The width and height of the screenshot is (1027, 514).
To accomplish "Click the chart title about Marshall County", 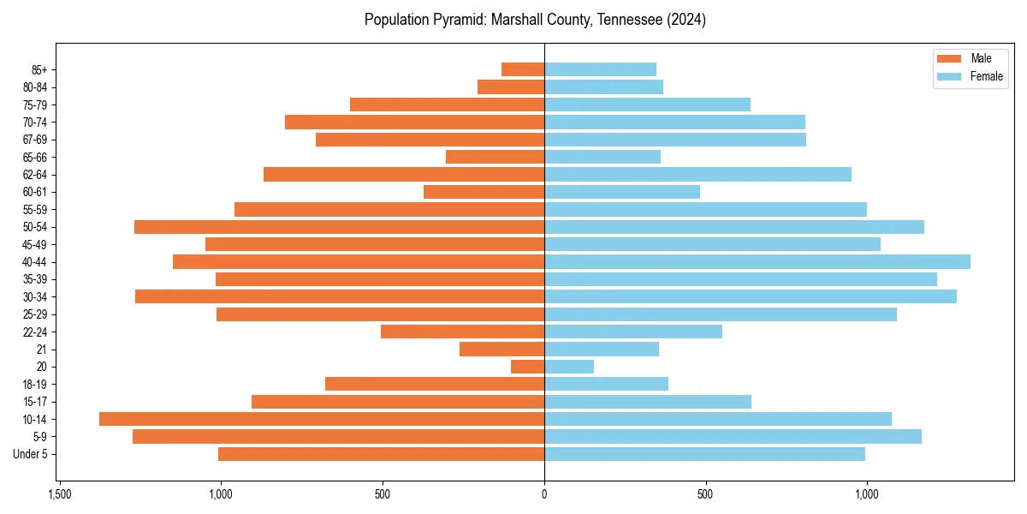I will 535,20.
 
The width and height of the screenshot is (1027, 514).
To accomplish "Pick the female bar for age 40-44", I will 757,261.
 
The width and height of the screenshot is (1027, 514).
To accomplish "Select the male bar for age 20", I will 528,367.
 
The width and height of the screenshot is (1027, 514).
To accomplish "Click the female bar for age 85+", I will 600,69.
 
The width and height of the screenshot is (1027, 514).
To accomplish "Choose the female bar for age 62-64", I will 698,174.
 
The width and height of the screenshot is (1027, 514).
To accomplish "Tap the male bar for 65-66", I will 496,157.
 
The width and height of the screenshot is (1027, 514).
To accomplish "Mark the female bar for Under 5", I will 704,454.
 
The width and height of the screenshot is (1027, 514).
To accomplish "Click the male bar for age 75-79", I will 448,105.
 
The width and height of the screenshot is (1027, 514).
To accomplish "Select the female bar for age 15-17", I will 648,402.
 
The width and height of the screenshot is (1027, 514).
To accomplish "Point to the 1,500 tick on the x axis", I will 59,494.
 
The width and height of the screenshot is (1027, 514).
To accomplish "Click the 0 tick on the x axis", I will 544,494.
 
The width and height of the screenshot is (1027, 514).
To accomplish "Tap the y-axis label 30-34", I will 36,297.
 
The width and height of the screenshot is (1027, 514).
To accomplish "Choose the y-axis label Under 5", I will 31,454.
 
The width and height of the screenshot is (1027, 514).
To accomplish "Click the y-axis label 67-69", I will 36,140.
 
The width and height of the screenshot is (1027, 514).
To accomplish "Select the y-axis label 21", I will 42,350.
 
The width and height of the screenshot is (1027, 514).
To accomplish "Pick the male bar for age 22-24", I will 463,332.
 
